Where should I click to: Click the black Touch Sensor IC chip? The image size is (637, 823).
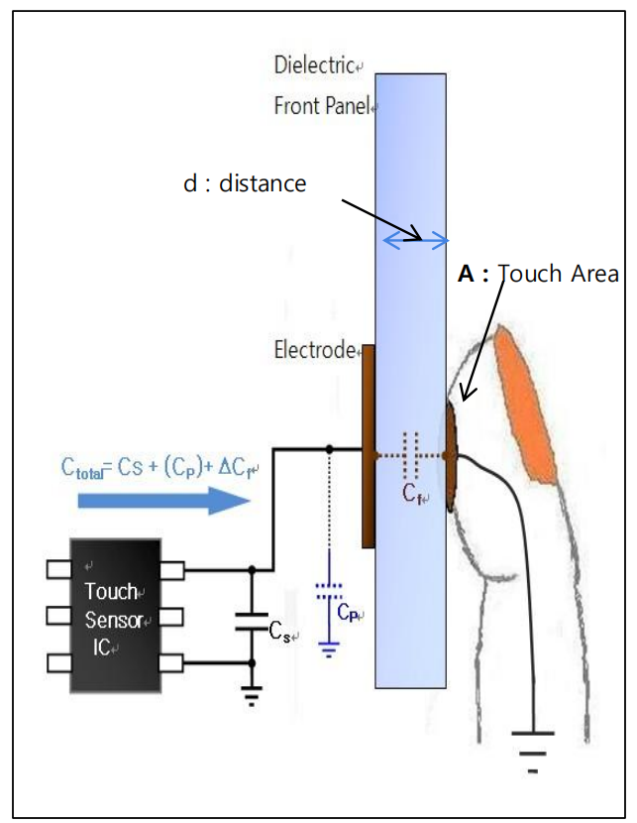tap(115, 615)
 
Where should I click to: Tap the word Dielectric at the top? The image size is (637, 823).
tap(314, 66)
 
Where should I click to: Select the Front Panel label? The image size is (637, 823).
tap(323, 106)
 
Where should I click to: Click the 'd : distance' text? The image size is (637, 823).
tap(245, 183)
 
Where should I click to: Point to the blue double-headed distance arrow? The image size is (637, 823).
tap(416, 239)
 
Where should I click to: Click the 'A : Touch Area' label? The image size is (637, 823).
tap(538, 274)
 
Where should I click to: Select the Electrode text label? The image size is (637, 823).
tap(314, 350)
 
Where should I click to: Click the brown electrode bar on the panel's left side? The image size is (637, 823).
tap(369, 446)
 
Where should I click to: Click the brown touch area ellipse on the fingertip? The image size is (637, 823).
tap(453, 456)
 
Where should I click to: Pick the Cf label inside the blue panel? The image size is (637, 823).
tap(413, 495)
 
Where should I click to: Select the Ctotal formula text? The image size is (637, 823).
tap(148, 466)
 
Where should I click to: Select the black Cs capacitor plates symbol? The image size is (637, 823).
tap(251, 624)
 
